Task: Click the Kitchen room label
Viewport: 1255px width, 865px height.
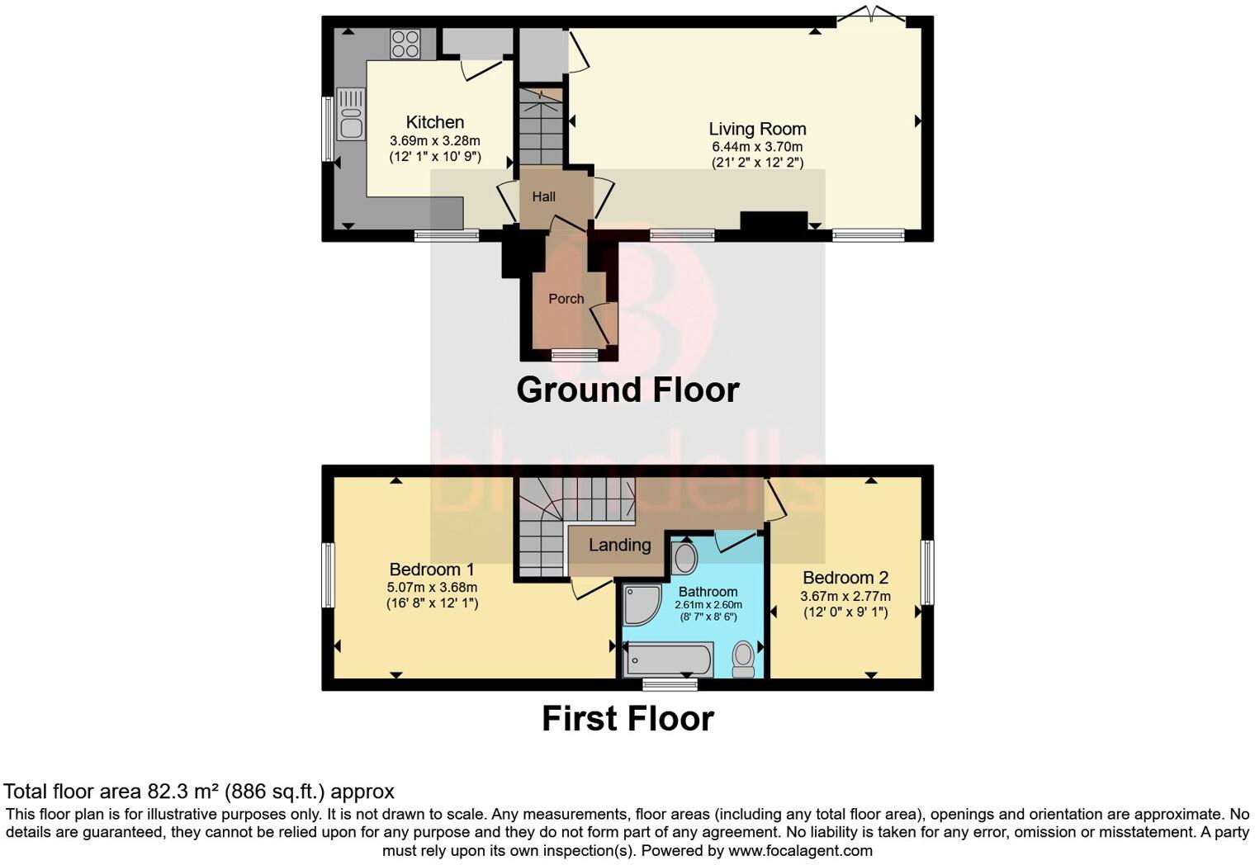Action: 435,122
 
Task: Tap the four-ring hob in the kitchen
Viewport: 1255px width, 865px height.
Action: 405,45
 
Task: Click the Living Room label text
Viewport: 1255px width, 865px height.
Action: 757,129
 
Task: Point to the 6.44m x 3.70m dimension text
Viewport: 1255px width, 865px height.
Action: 757,147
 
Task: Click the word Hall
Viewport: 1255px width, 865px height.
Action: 543,196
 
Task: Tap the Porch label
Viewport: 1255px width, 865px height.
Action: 566,299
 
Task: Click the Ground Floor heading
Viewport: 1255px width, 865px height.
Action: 627,390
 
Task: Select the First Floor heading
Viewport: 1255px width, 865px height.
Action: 627,718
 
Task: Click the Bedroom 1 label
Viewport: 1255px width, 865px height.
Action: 431,570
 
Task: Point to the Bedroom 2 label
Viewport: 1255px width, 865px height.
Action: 845,577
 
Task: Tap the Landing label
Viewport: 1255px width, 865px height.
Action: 619,545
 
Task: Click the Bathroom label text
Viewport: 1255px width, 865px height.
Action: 708,592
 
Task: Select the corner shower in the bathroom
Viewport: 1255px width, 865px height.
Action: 639,604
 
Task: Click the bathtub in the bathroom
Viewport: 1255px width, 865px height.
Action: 669,659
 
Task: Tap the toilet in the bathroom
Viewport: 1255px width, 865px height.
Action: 743,659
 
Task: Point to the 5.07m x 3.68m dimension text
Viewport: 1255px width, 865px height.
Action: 431,587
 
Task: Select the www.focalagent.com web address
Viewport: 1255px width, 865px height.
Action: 800,850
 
